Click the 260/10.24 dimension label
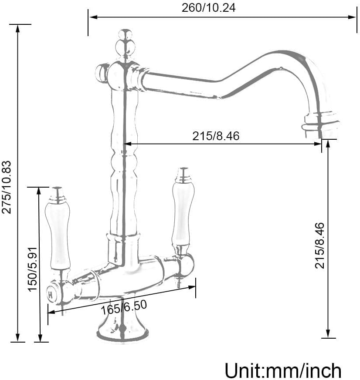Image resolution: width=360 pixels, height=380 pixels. coord(208,8)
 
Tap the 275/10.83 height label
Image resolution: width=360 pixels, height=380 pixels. coord(7,187)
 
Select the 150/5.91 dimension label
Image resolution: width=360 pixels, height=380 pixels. coord(33,269)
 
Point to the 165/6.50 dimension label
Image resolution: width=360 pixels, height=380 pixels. coord(124,308)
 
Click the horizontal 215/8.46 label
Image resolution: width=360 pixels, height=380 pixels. coord(216,136)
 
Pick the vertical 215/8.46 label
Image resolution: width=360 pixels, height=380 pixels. coord(319,245)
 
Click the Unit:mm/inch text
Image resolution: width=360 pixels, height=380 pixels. coord(283,370)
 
